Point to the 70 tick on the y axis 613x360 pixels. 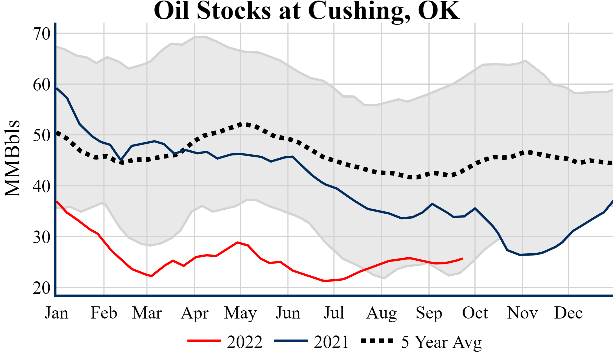pos(42,34)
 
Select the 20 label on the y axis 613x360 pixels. pos(42,288)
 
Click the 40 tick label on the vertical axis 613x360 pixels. pos(42,186)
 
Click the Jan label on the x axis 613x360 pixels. pos(56,313)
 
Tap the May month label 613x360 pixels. pos(240,313)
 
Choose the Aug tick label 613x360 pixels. pos(382,313)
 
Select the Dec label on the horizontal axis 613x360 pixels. pos(568,313)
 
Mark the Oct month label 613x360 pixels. pos(475,313)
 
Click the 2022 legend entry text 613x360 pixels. pos(245,342)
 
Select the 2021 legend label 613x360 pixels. pos(331,342)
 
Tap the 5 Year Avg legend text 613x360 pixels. pos(441,342)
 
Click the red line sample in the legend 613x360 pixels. pos(204,341)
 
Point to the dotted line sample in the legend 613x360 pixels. pos(377,341)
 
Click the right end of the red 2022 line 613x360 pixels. pos(462,258)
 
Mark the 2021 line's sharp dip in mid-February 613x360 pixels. pos(121,160)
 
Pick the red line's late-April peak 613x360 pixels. pos(238,242)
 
